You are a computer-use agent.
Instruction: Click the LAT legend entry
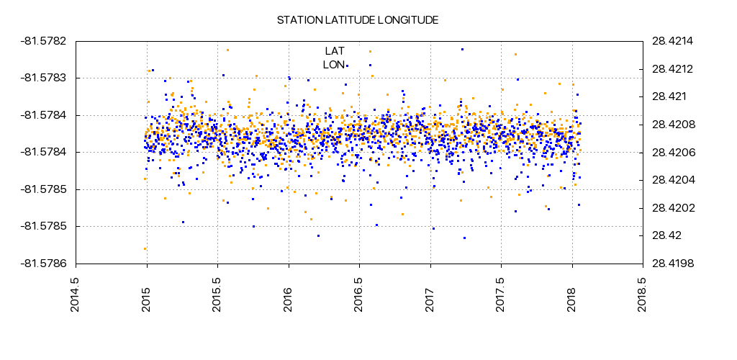click(335, 50)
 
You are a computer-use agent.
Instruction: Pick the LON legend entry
click(333, 65)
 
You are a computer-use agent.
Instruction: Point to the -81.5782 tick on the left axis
click(45, 40)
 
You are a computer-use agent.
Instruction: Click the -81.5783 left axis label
click(45, 78)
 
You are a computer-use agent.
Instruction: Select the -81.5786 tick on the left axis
click(45, 264)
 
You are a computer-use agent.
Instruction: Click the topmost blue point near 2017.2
click(462, 50)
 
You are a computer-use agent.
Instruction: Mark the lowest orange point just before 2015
click(145, 248)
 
